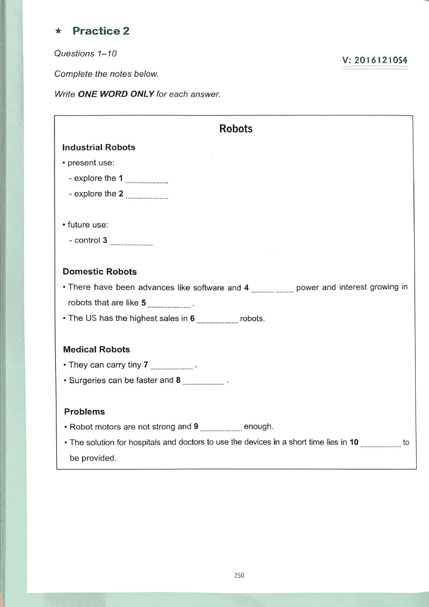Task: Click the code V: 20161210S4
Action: [x=374, y=61]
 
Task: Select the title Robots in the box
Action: [x=236, y=129]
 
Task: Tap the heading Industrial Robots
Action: [x=99, y=147]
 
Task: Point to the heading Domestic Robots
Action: [x=100, y=272]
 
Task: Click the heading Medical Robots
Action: [x=97, y=349]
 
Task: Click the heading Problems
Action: [x=84, y=412]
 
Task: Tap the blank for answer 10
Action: [x=381, y=445]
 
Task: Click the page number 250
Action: [x=239, y=575]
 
